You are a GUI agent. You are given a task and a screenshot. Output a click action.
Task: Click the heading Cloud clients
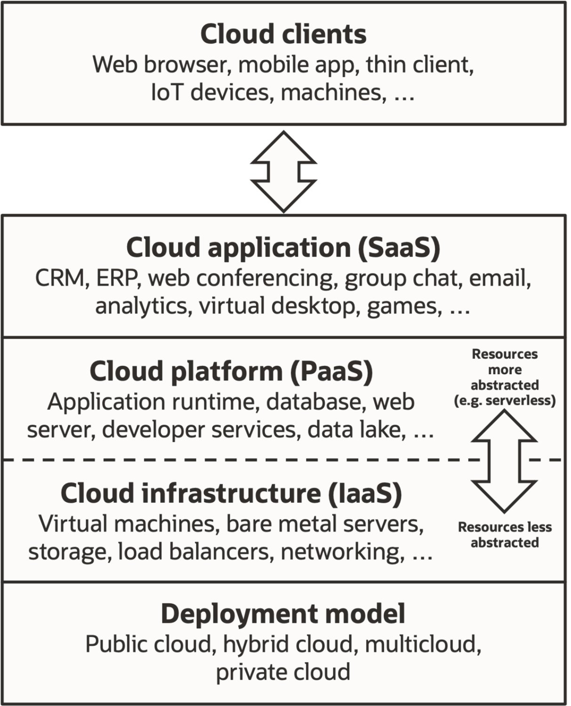[x=283, y=34]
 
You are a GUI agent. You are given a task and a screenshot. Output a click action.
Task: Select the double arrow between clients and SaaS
[x=283, y=172]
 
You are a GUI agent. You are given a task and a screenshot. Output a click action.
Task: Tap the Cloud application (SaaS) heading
[x=283, y=248]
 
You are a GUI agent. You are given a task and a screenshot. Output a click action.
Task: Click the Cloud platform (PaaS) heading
[x=231, y=371]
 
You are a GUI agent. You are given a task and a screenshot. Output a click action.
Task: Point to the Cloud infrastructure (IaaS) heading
[x=231, y=494]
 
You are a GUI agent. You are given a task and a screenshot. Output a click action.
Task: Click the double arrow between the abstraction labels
[x=504, y=461]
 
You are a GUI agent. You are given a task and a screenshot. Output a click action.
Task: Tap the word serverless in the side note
[x=519, y=401]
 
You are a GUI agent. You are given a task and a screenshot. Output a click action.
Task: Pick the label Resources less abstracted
[x=505, y=535]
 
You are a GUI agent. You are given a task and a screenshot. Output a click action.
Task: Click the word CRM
[x=60, y=278]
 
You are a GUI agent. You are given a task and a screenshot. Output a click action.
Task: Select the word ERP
[x=116, y=278]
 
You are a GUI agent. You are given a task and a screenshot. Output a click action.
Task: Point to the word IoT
[x=166, y=92]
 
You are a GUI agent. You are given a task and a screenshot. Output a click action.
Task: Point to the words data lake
[x=357, y=430]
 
